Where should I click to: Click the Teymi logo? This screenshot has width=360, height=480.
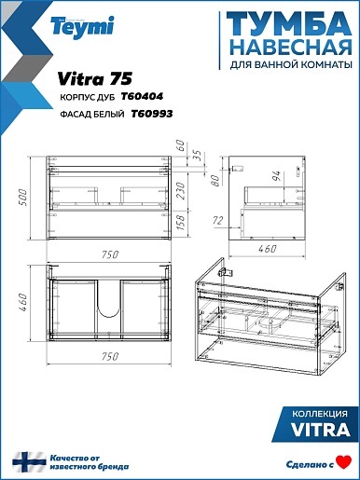pos(83,27)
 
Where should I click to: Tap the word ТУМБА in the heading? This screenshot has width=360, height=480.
pos(289,24)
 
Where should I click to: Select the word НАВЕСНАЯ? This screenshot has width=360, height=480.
pos(292,48)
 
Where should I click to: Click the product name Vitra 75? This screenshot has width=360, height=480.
pos(95,78)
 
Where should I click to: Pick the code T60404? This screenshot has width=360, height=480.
pos(142,97)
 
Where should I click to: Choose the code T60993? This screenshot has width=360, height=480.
pos(152,114)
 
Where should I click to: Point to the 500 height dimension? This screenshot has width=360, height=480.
pos(23,197)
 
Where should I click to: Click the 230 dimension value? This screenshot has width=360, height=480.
pos(180,191)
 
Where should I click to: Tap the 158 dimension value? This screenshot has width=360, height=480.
pos(180,222)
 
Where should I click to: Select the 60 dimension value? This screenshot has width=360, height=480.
pos(180,145)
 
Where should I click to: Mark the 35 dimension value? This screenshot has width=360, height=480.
pos(198,156)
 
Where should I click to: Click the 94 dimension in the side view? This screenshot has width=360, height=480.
pos(277,175)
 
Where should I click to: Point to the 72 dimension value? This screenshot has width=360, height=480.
pos(218,221)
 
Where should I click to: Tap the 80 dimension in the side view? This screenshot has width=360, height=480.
pos(215,180)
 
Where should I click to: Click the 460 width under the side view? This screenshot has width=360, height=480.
pos(268,249)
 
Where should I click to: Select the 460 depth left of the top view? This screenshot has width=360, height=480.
pos(23,303)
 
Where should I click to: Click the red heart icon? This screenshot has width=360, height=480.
pos(344,462)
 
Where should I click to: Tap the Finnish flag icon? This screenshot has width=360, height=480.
pos(29,462)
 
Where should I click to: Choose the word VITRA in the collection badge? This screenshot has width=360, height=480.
pos(321,430)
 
